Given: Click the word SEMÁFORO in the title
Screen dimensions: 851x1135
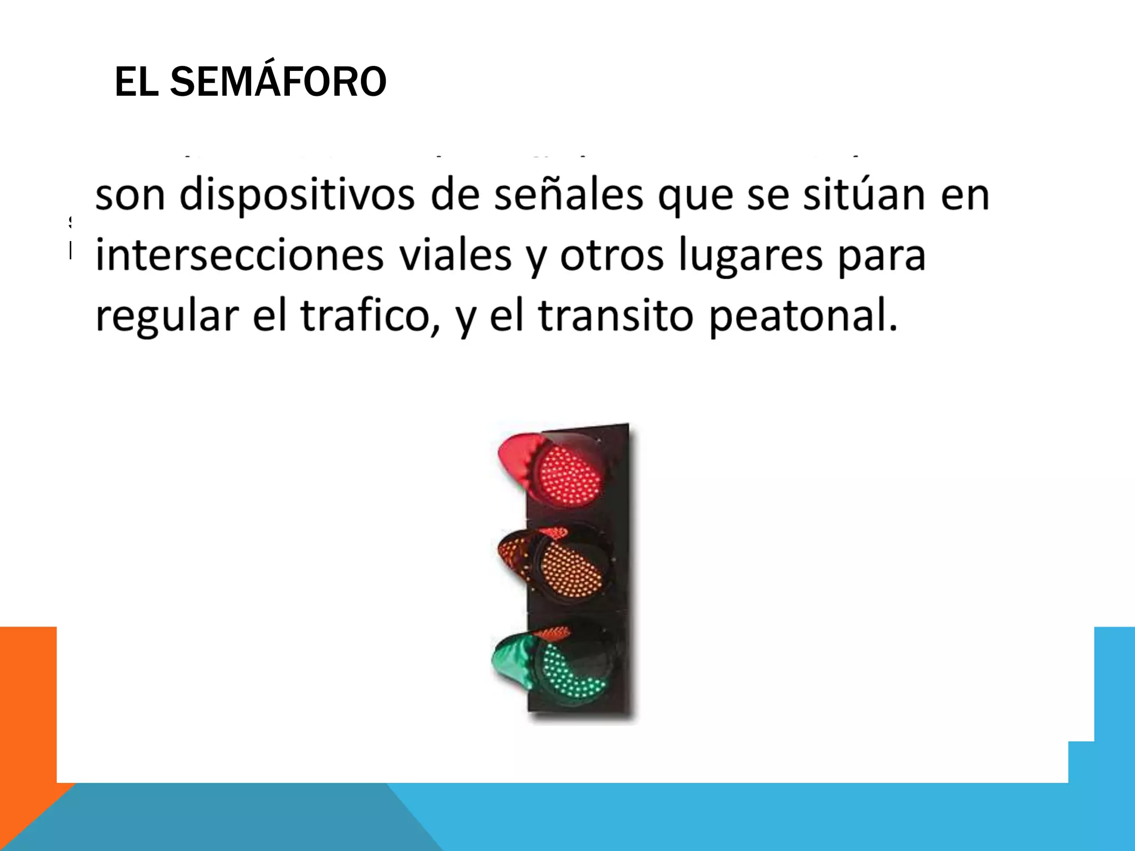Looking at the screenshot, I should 278,81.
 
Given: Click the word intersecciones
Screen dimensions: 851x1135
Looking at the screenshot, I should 239,256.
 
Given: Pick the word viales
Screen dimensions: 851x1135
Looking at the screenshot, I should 456,256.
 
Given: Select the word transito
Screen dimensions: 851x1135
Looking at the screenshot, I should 616,316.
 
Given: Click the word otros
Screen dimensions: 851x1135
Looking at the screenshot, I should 611,256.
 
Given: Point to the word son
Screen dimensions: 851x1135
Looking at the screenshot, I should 130,196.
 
